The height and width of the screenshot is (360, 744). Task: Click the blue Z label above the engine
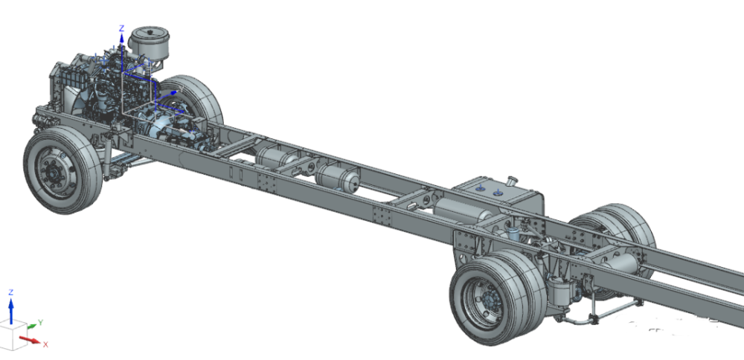click(121, 28)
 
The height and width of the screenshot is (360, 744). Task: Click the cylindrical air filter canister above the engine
click(150, 42)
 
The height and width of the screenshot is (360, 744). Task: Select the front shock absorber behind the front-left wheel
click(108, 155)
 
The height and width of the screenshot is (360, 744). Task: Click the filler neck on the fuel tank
click(512, 181)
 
